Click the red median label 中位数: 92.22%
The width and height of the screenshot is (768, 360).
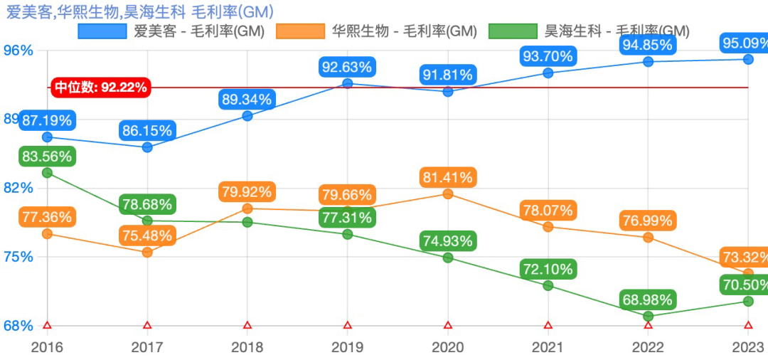point(101,88)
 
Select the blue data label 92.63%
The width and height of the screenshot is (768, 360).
point(347,68)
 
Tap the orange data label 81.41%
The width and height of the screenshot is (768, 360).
point(447,177)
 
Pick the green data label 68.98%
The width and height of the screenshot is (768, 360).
point(647,300)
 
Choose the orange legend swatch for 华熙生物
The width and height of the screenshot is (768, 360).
point(301,31)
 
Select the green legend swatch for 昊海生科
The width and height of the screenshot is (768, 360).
point(513,31)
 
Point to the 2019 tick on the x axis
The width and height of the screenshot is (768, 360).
point(348,346)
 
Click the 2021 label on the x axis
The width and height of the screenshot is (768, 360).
point(548,346)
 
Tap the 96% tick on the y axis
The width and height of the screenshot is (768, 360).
point(19,51)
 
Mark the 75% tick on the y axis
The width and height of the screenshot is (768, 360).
point(19,257)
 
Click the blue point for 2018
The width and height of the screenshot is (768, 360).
point(247,116)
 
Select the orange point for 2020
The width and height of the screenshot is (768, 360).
point(448,194)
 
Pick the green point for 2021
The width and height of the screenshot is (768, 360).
point(548,285)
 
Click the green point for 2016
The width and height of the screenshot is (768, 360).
point(47,172)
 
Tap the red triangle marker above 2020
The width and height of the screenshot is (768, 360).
point(448,325)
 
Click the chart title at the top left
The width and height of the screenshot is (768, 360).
point(139,11)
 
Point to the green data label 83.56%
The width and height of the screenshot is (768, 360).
point(47,157)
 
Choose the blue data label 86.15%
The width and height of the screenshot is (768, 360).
point(147,131)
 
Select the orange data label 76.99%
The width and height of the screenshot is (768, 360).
point(647,221)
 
